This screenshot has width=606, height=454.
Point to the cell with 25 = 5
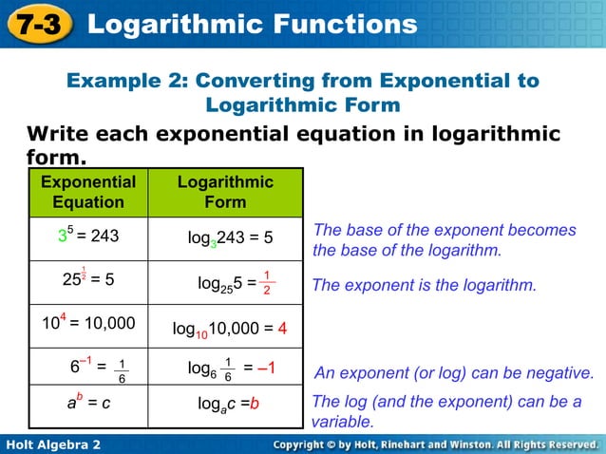point(87,280)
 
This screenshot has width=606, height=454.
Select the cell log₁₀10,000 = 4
point(230,330)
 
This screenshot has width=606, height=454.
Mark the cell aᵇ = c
point(87,402)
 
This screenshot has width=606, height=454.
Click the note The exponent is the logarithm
point(425,285)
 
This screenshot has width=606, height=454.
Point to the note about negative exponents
point(453,372)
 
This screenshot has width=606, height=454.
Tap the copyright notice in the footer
point(435,445)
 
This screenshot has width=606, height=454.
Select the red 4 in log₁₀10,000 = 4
point(282,330)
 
